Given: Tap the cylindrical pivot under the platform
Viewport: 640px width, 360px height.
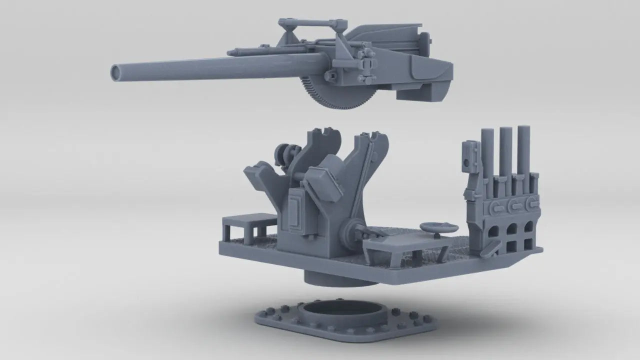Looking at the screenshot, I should point(340,278).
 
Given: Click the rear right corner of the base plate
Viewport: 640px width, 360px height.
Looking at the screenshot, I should point(540,248).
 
